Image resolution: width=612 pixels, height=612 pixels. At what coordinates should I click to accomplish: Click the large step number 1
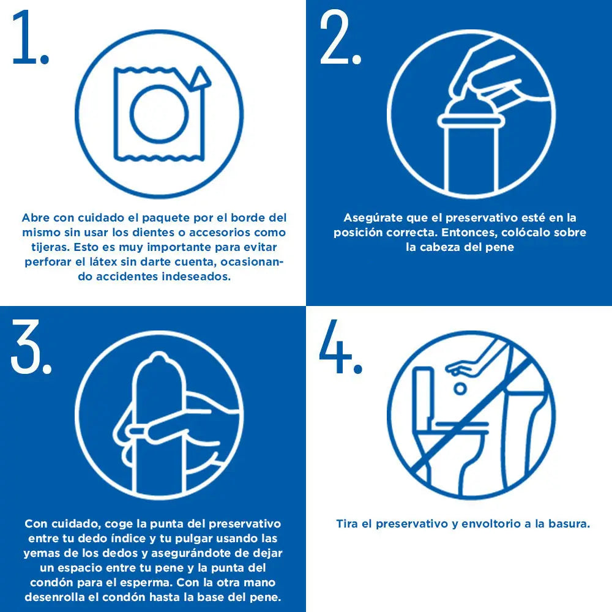29,38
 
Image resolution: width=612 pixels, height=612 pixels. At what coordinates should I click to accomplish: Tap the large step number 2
340,38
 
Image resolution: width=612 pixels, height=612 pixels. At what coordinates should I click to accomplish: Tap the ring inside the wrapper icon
159,113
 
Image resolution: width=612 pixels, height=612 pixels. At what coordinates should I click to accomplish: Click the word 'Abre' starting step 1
36,218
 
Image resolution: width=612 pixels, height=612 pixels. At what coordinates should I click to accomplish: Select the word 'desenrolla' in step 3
56,597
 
